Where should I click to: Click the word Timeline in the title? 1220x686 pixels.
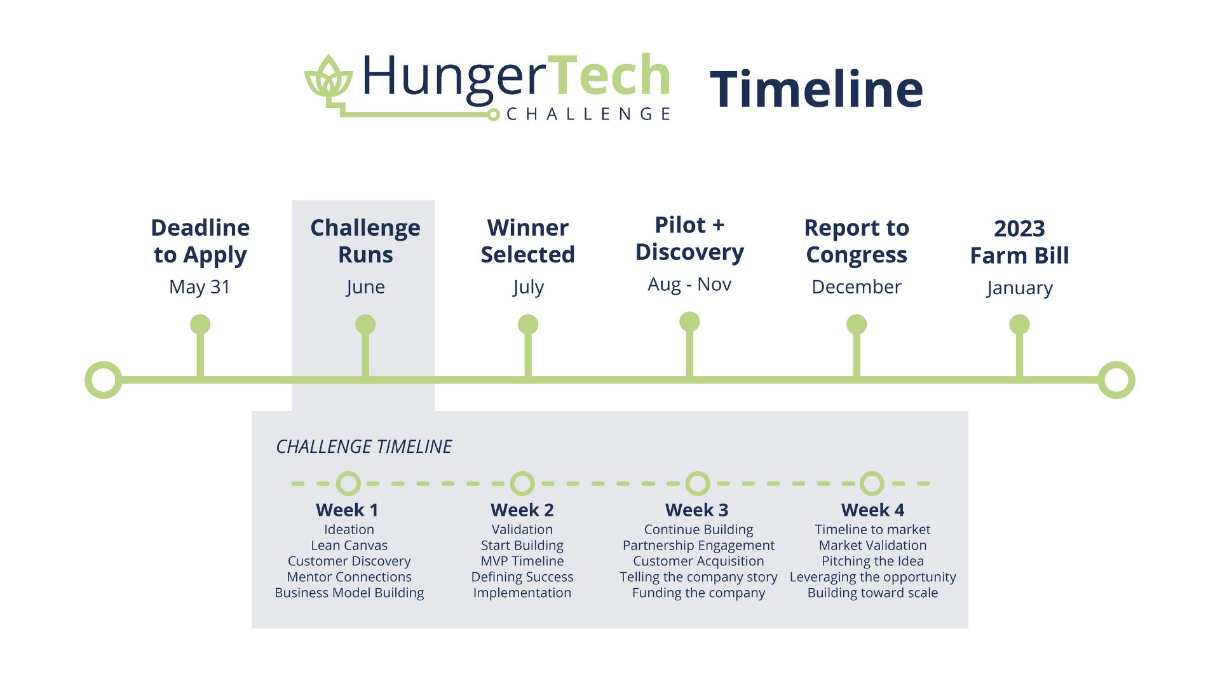click(816, 89)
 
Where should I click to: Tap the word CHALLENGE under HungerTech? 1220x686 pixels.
click(588, 114)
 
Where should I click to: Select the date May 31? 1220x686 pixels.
click(200, 286)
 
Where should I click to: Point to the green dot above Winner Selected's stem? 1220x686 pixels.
click(528, 325)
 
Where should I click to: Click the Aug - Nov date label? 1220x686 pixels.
click(689, 284)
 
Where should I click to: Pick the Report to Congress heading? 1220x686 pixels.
click(857, 241)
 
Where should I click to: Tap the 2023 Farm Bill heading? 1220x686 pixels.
click(1019, 242)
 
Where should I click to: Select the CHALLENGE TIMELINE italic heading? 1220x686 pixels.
click(363, 447)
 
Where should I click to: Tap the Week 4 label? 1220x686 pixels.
click(872, 510)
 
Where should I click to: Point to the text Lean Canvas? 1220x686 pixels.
click(349, 545)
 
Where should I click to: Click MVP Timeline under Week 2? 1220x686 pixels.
click(522, 561)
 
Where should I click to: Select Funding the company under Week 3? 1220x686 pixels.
click(698, 593)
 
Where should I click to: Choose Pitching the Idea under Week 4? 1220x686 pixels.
click(872, 561)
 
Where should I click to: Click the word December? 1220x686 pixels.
click(857, 286)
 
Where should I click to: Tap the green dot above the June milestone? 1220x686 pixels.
click(365, 325)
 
